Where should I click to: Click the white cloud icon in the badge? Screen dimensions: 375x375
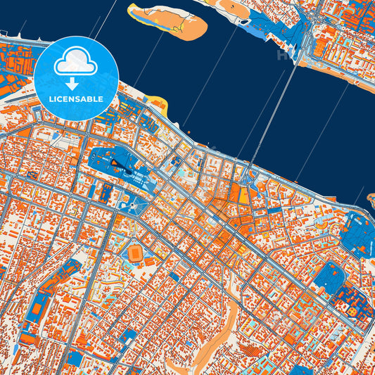(x=76, y=61)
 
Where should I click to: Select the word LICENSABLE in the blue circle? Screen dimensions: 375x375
(x=76, y=98)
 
